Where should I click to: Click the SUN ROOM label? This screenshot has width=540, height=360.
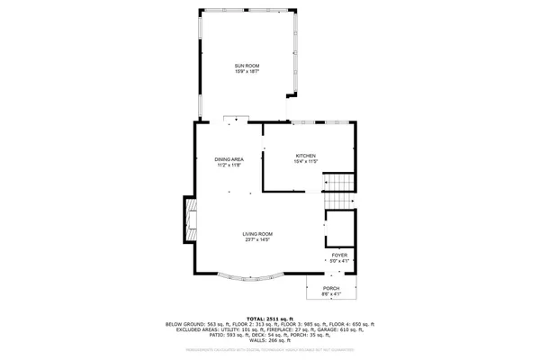(x=247, y=66)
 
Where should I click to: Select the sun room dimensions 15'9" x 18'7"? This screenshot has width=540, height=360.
(x=247, y=72)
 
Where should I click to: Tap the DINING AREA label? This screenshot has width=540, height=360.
(x=229, y=159)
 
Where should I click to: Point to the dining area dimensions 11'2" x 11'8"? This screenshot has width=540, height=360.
(x=229, y=166)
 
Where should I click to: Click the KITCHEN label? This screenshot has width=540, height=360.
(x=306, y=156)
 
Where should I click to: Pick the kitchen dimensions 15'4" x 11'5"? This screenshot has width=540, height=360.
(x=306, y=162)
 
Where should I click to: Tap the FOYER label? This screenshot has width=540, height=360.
(x=339, y=256)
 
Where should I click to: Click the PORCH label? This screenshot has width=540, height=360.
(x=332, y=288)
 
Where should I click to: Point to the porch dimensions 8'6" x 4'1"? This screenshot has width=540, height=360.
(x=332, y=294)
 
